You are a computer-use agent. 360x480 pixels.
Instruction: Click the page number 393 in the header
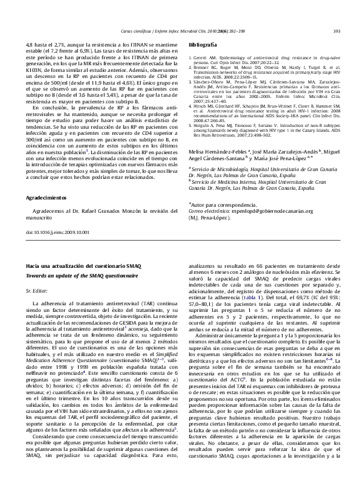[x=338, y=31]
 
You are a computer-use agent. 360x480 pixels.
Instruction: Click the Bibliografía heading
[x=203, y=45]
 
